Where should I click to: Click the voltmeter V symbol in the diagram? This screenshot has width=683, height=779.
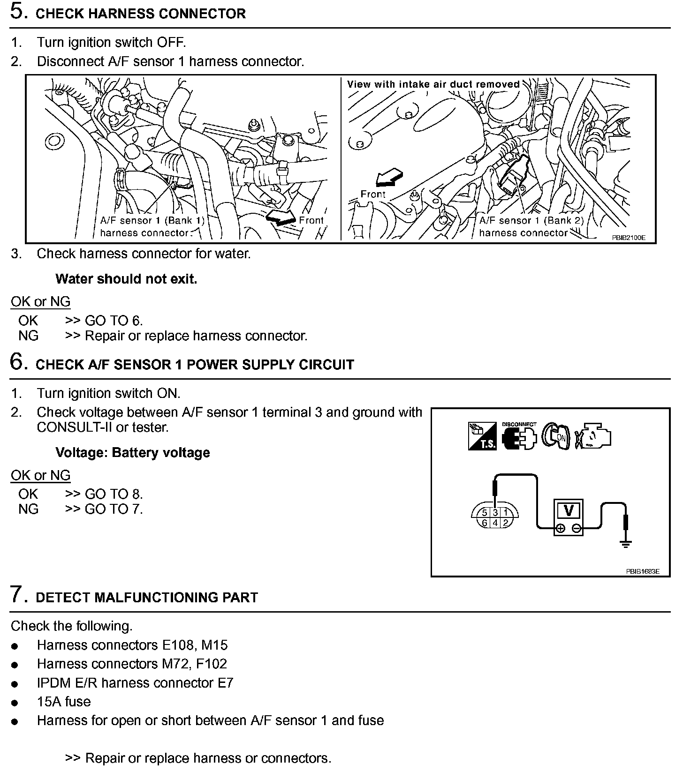(568, 510)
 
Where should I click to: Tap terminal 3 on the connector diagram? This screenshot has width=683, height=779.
(495, 513)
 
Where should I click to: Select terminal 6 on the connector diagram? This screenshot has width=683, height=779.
(485, 523)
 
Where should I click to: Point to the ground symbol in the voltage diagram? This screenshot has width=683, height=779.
(626, 544)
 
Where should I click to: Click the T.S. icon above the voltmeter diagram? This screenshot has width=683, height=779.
(482, 436)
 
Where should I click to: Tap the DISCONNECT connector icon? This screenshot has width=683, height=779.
(518, 438)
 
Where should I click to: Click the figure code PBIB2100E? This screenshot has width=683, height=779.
(628, 238)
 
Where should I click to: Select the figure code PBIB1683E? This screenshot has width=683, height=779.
(643, 571)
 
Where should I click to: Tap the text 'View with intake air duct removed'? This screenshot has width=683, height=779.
(433, 84)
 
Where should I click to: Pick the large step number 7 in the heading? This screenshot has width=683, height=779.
(17, 595)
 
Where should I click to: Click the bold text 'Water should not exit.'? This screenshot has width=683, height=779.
(126, 279)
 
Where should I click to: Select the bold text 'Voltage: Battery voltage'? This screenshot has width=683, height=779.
(133, 452)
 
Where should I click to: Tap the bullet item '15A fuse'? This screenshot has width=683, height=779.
(64, 702)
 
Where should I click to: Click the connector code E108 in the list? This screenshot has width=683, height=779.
(178, 645)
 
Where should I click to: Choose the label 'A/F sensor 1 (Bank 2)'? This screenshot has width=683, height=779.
(531, 220)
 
